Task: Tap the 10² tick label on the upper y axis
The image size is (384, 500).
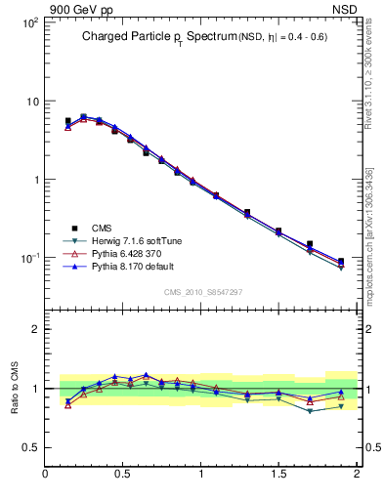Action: (29, 22)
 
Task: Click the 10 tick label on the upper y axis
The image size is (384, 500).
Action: (31, 102)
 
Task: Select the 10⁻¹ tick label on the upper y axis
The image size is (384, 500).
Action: (29, 259)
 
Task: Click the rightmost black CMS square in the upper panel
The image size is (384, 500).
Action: (340, 261)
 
